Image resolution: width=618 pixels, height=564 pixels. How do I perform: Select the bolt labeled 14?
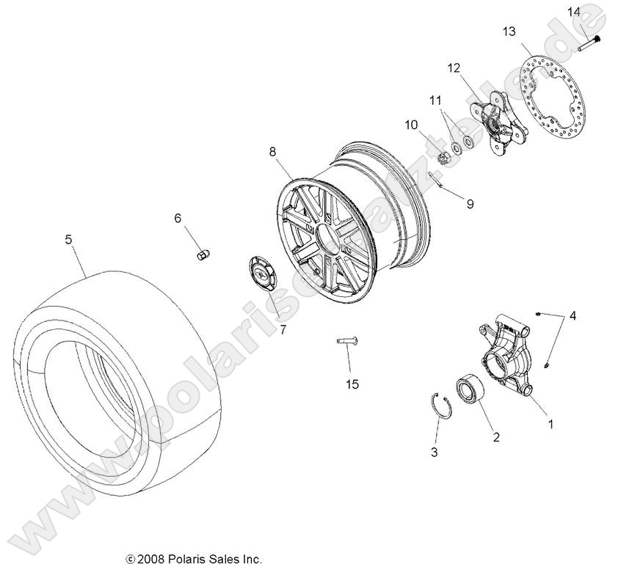click(x=589, y=43)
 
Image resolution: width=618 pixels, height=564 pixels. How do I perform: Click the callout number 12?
click(x=454, y=68)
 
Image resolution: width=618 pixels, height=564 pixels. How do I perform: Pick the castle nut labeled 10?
click(x=443, y=157)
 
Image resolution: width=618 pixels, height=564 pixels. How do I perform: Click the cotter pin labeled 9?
click(x=439, y=180)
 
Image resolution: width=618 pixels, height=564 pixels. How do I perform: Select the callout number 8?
click(x=272, y=152)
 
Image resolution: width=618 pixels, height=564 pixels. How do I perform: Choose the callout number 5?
click(x=68, y=238)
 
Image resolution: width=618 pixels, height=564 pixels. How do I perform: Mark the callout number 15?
click(x=352, y=384)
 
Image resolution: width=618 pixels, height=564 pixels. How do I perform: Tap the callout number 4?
click(x=572, y=316)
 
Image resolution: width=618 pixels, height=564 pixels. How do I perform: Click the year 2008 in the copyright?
click(x=150, y=558)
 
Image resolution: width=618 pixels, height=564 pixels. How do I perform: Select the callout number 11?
click(x=435, y=100)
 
